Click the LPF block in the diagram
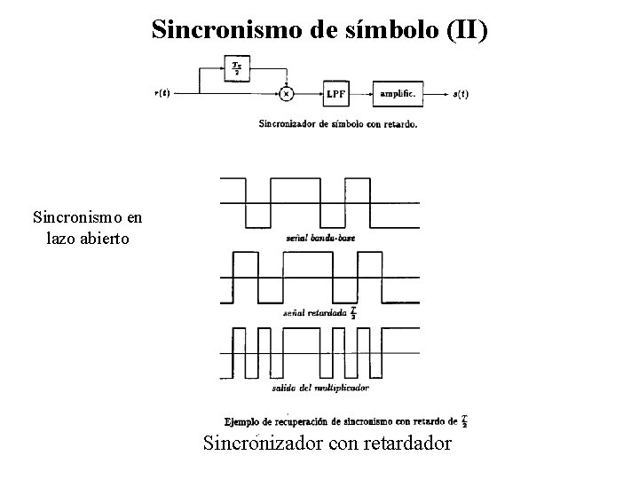335,93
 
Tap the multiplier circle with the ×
286,92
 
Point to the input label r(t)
163,93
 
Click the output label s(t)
461,93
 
